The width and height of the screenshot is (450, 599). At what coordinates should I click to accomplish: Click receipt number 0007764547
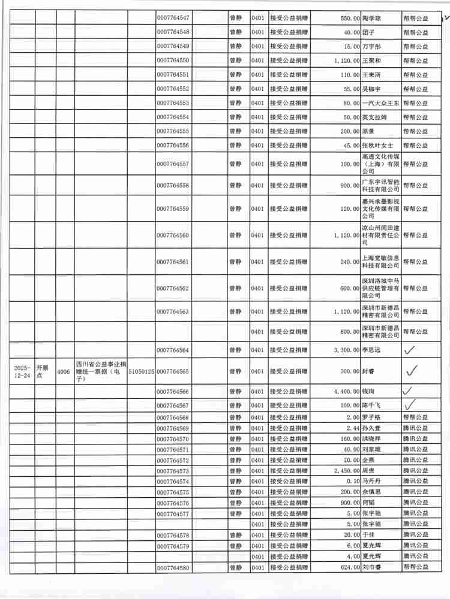(173, 19)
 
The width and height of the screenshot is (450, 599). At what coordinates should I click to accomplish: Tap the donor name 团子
(368, 32)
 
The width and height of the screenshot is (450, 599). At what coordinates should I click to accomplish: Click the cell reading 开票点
(44, 371)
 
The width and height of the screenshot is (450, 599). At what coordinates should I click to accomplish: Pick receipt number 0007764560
(173, 235)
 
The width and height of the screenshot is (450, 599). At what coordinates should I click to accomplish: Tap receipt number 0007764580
(173, 567)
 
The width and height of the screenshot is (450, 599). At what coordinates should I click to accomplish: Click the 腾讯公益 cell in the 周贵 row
(415, 471)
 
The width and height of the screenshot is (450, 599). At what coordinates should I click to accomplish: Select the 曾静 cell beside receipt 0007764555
(236, 131)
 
